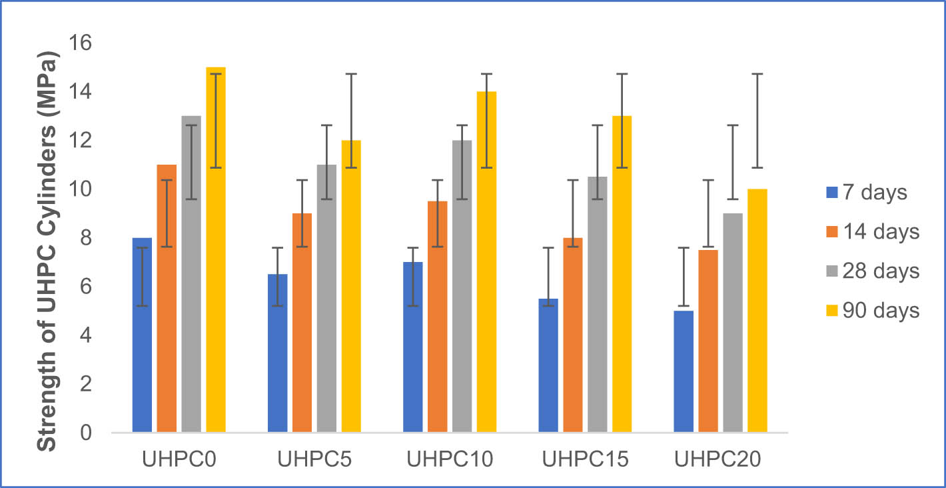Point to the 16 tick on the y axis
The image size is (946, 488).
pos(81,43)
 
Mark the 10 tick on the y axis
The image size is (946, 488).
pos(81,189)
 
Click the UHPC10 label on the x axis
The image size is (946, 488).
pos(450,461)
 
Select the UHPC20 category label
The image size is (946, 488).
pos(720,461)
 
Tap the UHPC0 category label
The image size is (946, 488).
pos(179,461)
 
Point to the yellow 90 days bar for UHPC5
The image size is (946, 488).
pos(350,287)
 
